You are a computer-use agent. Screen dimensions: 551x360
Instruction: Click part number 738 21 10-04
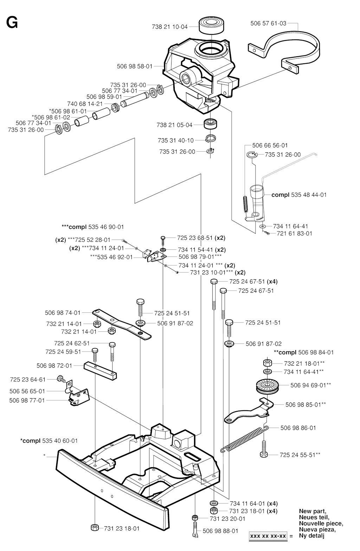point(170,26)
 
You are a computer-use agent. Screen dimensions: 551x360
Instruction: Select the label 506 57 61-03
point(268,24)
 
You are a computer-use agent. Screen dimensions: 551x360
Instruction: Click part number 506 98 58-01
point(135,66)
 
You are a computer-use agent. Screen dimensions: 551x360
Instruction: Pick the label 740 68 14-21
point(85,104)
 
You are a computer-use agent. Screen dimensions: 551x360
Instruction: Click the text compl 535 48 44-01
point(299,195)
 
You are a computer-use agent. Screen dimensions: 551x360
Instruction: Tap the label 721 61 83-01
point(295,233)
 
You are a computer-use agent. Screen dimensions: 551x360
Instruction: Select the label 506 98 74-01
point(63,312)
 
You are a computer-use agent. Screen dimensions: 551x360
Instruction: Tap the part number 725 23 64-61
point(28,379)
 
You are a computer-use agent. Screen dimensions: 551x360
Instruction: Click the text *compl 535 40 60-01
point(49,441)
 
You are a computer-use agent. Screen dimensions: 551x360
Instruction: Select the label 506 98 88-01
point(220,531)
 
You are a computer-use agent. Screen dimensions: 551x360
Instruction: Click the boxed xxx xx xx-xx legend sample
point(268,536)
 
